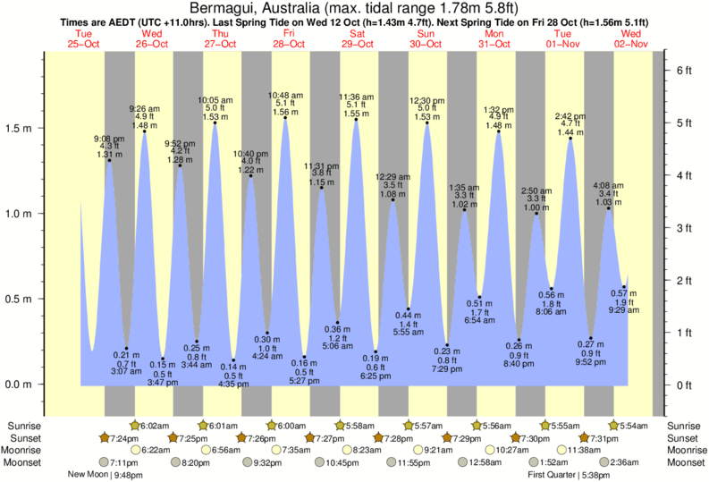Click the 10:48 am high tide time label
[x=284, y=95]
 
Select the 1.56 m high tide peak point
[x=285, y=119]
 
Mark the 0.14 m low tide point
[x=233, y=360]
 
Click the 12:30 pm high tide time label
[x=426, y=100]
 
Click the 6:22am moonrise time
[x=158, y=450]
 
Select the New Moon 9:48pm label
[x=106, y=475]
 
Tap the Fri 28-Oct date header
[x=290, y=38]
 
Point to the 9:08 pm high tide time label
[x=110, y=139]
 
